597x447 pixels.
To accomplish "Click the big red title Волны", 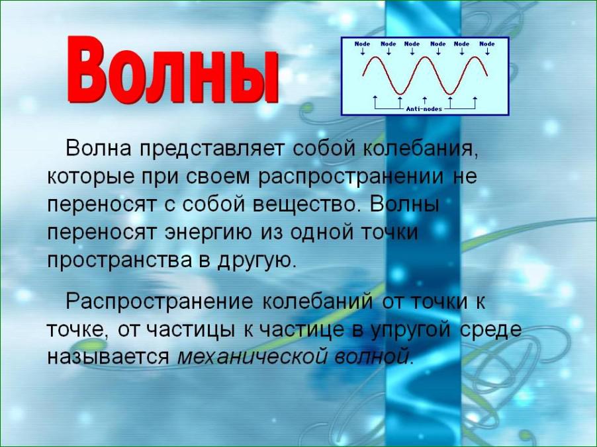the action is click(173, 69).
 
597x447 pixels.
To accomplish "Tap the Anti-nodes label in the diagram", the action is click(424, 109).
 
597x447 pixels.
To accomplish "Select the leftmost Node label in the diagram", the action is click(362, 44).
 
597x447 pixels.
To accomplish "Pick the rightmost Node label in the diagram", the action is click(487, 44).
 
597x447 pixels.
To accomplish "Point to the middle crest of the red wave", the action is click(425, 58).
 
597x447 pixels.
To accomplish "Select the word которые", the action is click(91, 178).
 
